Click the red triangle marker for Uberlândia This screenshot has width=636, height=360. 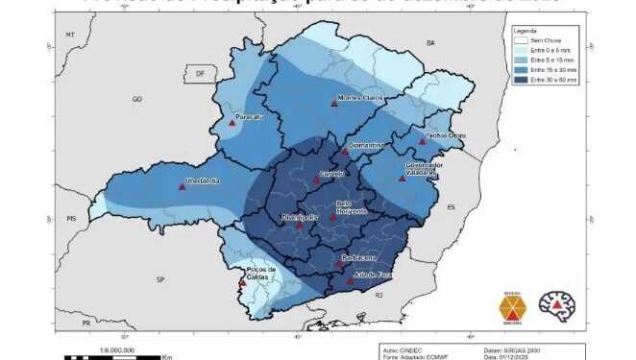[182, 187]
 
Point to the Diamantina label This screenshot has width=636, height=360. [366, 145]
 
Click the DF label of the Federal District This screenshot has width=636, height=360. [200, 73]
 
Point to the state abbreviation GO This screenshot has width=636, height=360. [136, 99]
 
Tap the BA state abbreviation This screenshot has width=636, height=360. [430, 43]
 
